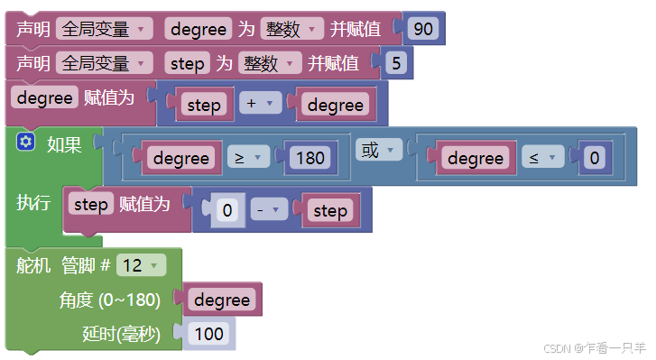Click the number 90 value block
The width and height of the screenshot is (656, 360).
pos(422,29)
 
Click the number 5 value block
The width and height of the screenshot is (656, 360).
pos(394,63)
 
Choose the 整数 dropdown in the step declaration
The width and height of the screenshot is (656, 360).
pos(270,63)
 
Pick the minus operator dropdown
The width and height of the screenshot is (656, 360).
pos(268,211)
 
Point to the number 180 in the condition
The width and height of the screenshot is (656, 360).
pos(310,158)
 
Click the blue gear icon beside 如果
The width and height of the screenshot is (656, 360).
pos(25,142)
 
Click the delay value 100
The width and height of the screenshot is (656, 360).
pos(208,334)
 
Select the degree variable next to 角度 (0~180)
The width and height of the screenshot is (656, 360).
pos(222,300)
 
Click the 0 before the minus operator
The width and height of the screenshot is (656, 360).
pos(227,211)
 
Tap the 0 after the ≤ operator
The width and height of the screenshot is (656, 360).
pos(594,158)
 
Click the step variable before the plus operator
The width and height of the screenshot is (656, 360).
pos(204,105)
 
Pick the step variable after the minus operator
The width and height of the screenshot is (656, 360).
pos(329,211)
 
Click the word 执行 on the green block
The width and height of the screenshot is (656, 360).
pos(33,203)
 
